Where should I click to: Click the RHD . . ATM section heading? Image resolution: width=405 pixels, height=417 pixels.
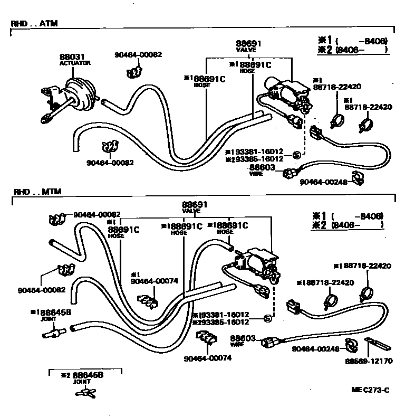point(35,24)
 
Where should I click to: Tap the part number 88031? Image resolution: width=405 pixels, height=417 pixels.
point(71,56)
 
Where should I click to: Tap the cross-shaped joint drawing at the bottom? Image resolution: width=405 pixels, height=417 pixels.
point(84,392)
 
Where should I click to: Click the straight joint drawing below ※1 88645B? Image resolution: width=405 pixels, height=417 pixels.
point(52,334)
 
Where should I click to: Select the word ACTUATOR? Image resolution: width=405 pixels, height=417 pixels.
point(75,63)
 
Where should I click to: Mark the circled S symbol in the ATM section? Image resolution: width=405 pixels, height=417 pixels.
point(296,155)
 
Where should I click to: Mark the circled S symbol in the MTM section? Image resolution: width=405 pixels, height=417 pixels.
point(267,318)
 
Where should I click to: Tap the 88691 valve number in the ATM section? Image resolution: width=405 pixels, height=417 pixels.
point(248,43)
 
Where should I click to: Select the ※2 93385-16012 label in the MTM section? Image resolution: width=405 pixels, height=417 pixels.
point(220,321)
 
